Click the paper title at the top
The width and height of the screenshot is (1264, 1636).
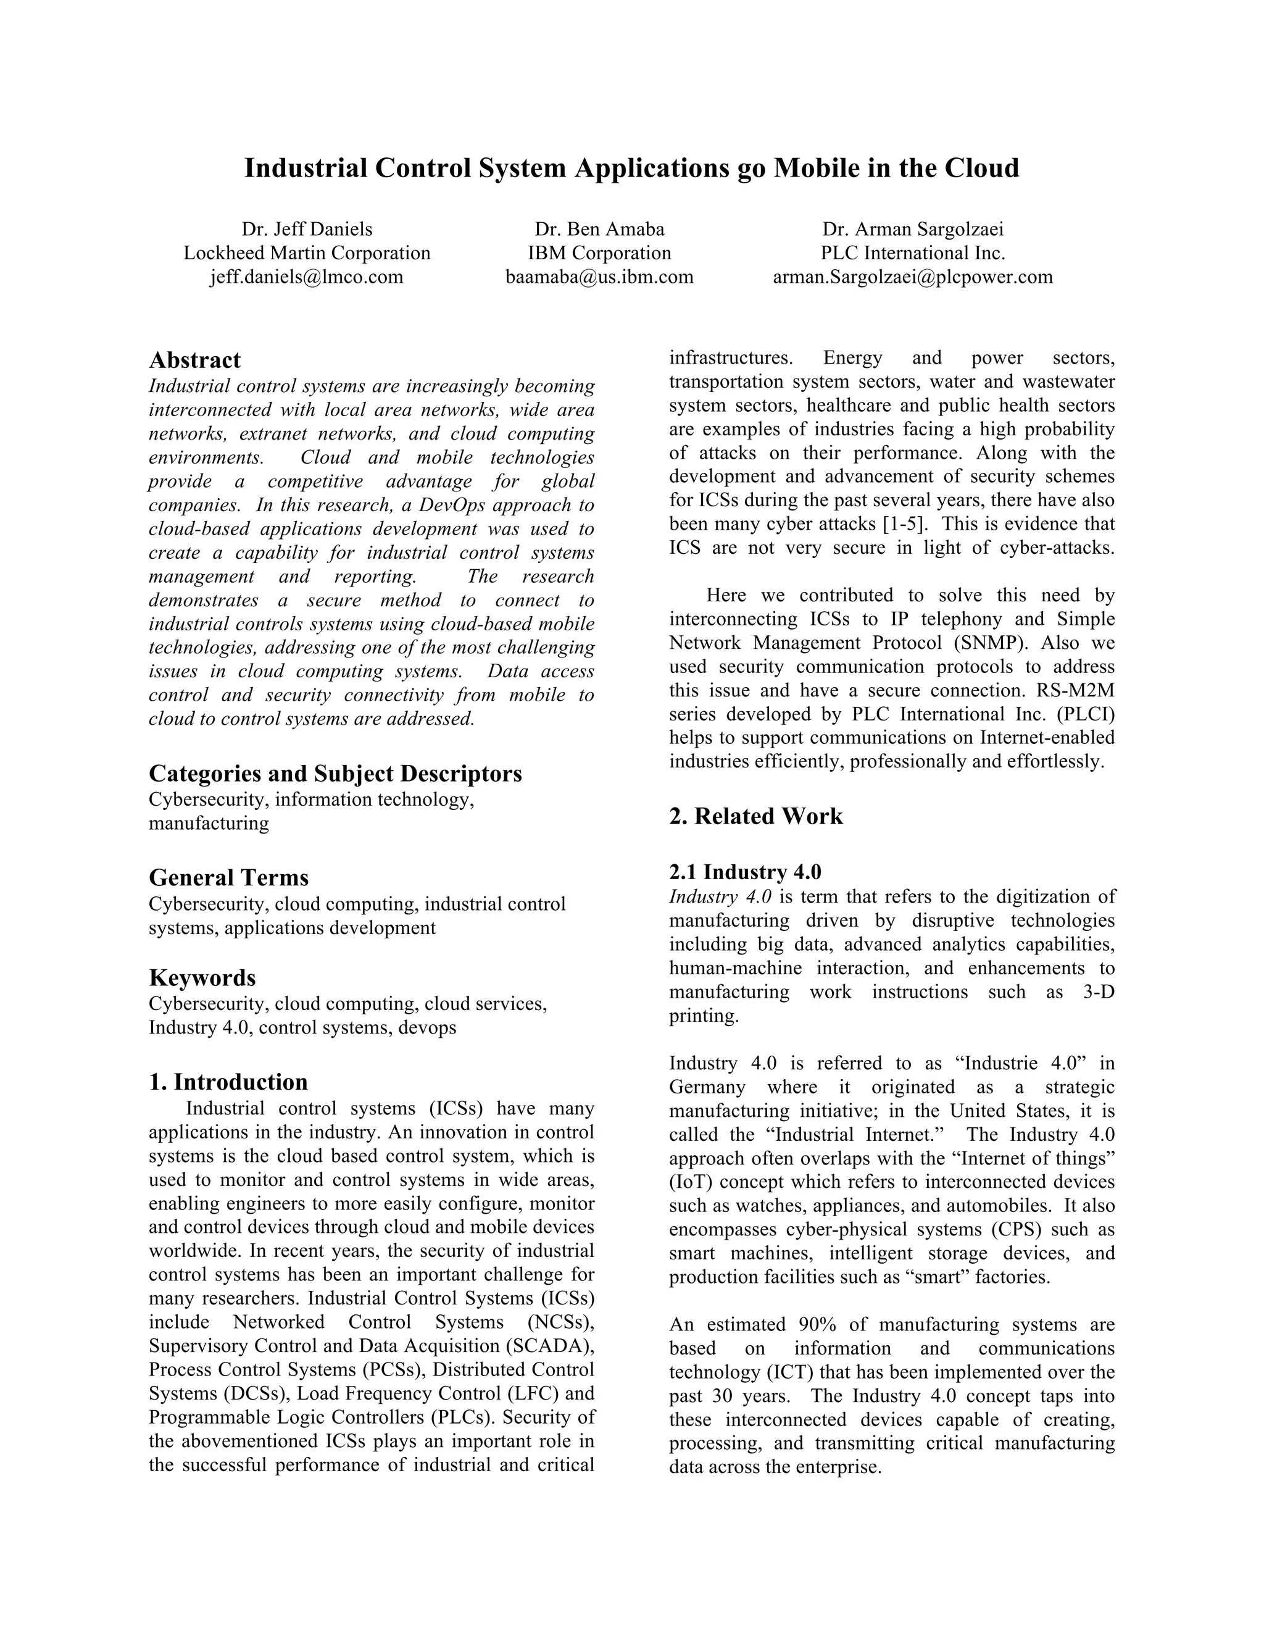pyautogui.click(x=631, y=168)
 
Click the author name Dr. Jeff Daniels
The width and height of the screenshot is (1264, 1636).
pyautogui.click(x=306, y=229)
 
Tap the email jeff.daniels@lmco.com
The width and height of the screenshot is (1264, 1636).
pyautogui.click(x=306, y=277)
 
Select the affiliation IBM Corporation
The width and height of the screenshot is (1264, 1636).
pyautogui.click(x=599, y=253)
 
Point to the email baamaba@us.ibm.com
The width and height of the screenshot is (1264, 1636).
pyautogui.click(x=599, y=277)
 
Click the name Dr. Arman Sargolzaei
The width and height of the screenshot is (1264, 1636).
pyautogui.click(x=912, y=229)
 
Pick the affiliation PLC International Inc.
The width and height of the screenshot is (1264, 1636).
pyautogui.click(x=912, y=253)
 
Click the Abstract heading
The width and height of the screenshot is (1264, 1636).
pyautogui.click(x=194, y=361)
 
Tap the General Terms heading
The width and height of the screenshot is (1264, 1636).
pyautogui.click(x=228, y=877)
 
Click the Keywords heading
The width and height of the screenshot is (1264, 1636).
pyautogui.click(x=202, y=977)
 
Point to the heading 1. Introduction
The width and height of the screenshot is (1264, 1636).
pyautogui.click(x=228, y=1082)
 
